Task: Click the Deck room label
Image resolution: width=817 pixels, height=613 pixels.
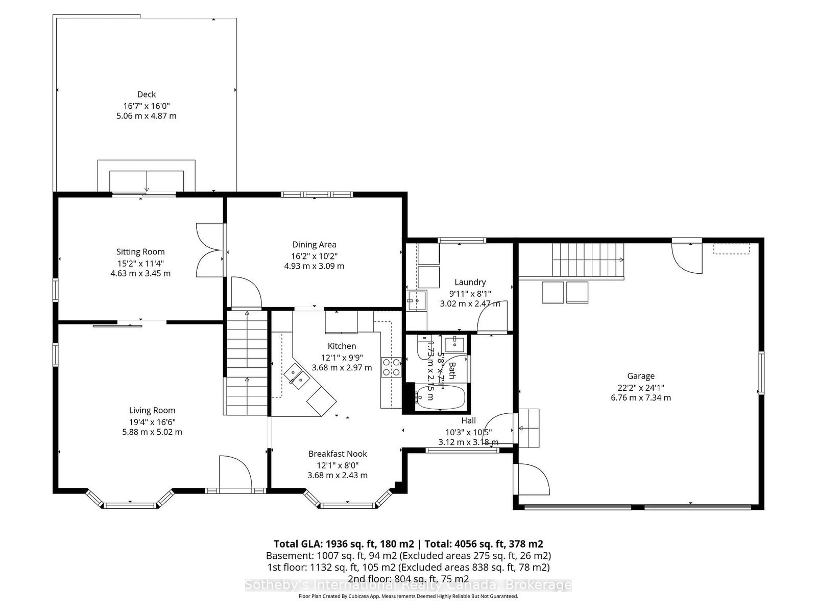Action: tap(146, 94)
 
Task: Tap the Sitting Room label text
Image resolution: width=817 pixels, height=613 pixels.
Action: tap(140, 251)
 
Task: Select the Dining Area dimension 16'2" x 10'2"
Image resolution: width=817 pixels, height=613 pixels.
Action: tap(314, 256)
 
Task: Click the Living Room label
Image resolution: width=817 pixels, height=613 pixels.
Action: tap(152, 410)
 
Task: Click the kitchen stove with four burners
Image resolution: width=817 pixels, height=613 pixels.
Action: tap(391, 367)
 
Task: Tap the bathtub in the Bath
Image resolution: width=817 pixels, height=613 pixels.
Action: tap(441, 398)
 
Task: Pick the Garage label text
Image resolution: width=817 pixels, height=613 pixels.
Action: tap(641, 376)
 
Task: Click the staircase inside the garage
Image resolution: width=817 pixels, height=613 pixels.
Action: tap(587, 261)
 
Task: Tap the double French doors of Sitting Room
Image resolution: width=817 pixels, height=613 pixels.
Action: tap(210, 250)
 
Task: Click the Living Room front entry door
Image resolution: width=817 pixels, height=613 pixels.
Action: tap(234, 473)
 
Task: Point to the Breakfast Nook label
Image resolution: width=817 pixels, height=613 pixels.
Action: tap(338, 454)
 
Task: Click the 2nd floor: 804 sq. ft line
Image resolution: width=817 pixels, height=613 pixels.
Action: tap(408, 579)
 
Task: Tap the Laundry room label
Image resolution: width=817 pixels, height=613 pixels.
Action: tap(470, 282)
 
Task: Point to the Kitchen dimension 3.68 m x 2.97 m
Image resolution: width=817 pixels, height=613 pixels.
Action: tap(342, 367)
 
